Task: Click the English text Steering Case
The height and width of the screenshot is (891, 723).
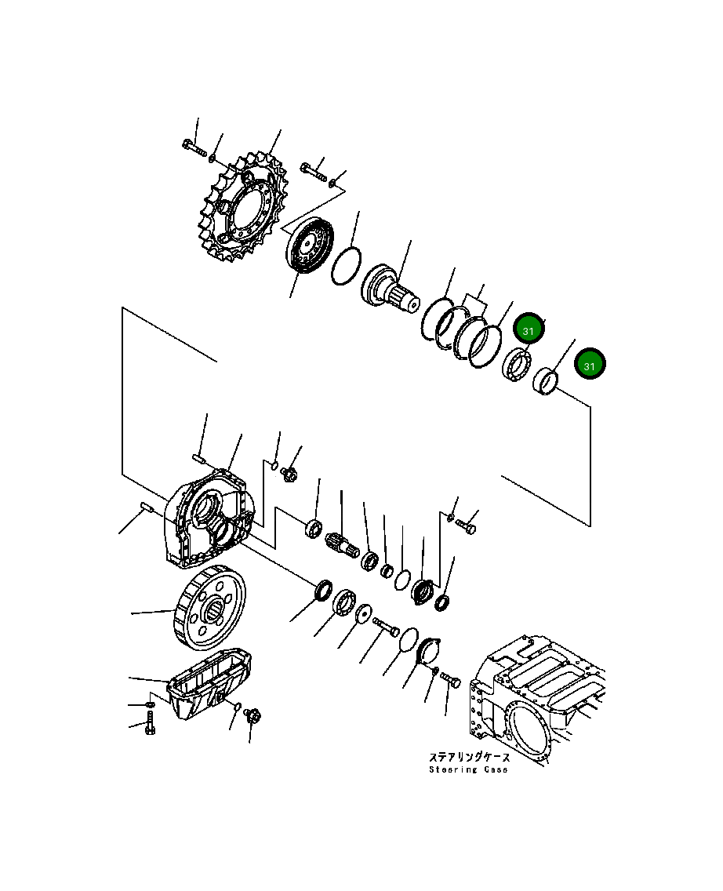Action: coord(467,769)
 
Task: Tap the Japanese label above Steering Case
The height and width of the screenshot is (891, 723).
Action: coord(469,757)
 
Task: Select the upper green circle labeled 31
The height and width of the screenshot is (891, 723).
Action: coord(529,330)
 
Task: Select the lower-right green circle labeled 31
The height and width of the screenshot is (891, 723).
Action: coord(590,365)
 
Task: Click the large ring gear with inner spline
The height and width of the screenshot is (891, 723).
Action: coord(208,609)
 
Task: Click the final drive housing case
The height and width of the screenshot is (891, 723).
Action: coord(207,521)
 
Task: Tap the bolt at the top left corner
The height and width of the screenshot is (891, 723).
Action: coord(193,147)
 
